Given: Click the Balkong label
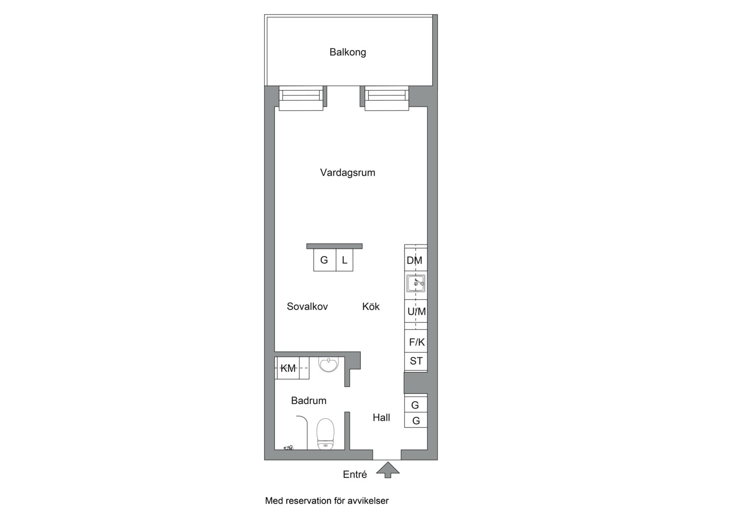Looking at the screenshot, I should pyautogui.click(x=348, y=52).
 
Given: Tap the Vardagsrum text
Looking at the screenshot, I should pyautogui.click(x=348, y=172).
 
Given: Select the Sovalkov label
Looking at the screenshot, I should pyautogui.click(x=307, y=306).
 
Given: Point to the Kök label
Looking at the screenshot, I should pyautogui.click(x=371, y=306).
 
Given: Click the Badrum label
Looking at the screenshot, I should pyautogui.click(x=308, y=400).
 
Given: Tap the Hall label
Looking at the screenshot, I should pyautogui.click(x=381, y=417).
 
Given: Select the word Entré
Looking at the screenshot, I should pyautogui.click(x=355, y=475).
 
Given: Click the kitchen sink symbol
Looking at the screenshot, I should pyautogui.click(x=416, y=283).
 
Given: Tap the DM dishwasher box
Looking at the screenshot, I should pyautogui.click(x=415, y=261).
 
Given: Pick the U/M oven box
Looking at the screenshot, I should pyautogui.click(x=416, y=311).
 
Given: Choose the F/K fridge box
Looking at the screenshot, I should pyautogui.click(x=416, y=342).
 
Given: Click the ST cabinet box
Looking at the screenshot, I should pyautogui.click(x=416, y=361).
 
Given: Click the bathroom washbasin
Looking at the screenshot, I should pyautogui.click(x=329, y=364).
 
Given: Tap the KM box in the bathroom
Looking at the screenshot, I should pyautogui.click(x=288, y=368).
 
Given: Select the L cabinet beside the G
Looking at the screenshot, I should pyautogui.click(x=344, y=261).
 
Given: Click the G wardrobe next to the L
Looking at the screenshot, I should pyautogui.click(x=324, y=261).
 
